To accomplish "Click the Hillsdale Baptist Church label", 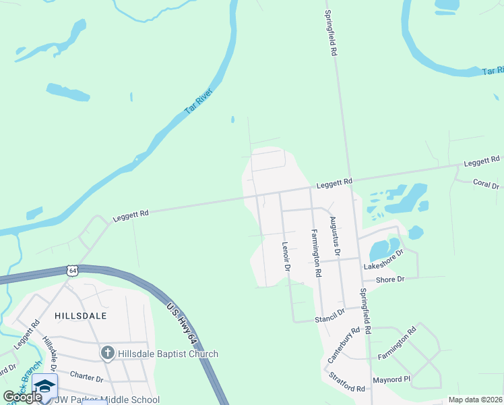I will tap(168, 354).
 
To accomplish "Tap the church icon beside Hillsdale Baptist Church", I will tap(107, 353).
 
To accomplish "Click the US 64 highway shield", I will tap(71, 271).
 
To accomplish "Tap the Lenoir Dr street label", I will tap(286, 257).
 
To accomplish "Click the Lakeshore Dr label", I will tap(383, 260).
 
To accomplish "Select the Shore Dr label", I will tap(390, 279).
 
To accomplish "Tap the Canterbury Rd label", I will tap(340, 346).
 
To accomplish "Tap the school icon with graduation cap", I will tap(44, 387).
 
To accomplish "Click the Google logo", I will tap(22, 397).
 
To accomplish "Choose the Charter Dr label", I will tap(86, 377).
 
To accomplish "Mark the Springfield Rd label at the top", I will tap(330, 32).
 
